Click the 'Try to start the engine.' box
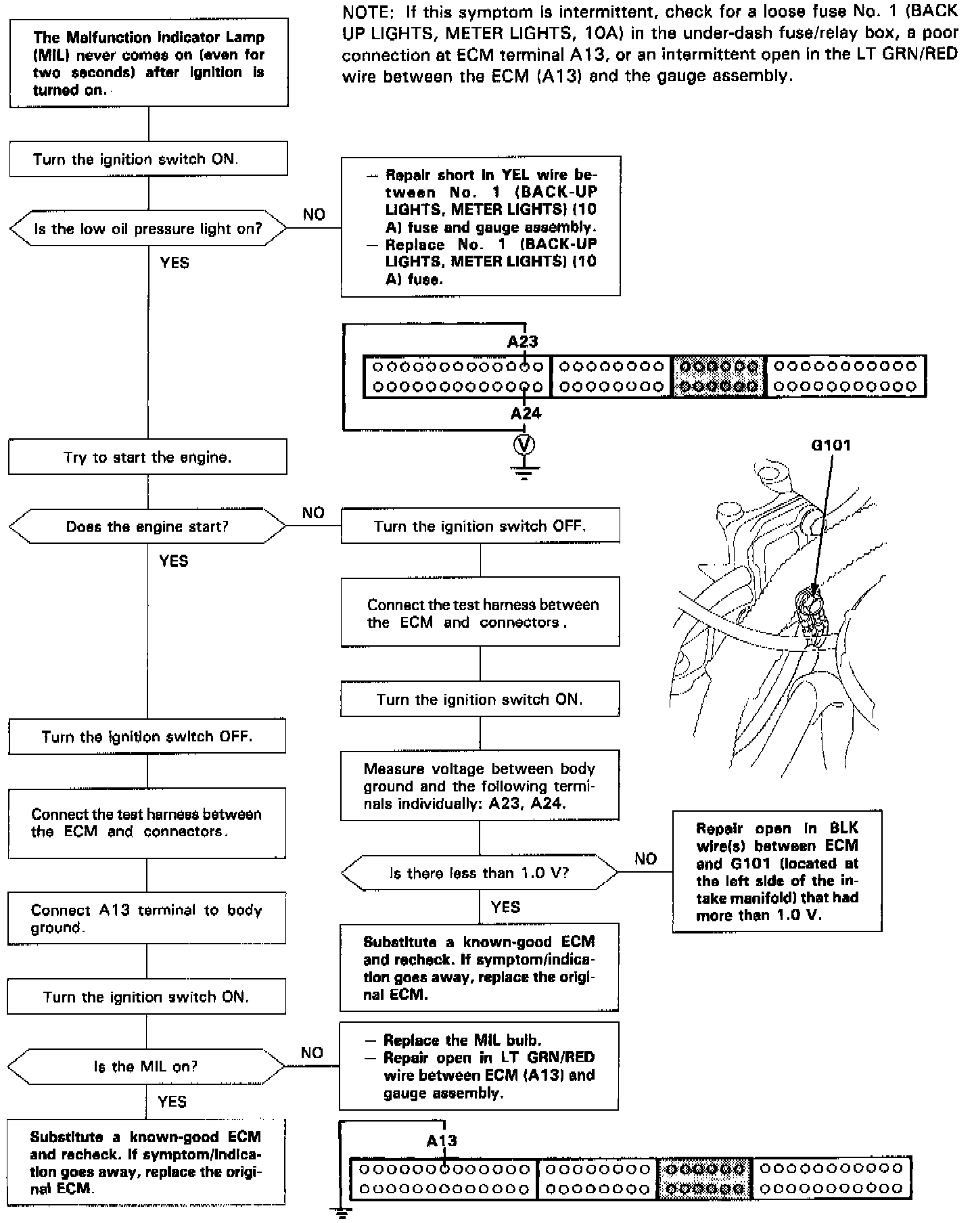click(147, 457)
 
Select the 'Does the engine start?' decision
click(147, 526)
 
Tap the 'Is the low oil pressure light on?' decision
click(148, 229)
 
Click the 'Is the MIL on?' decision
click(146, 1066)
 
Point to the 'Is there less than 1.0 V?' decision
click(480, 873)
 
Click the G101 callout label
click(831, 445)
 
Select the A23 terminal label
click(522, 342)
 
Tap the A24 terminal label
click(526, 413)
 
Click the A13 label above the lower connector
click(442, 1140)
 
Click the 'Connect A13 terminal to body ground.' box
click(147, 919)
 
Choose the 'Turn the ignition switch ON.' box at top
click(148, 160)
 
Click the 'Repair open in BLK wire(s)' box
click(777, 871)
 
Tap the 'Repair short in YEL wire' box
click(481, 227)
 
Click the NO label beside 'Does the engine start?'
click(313, 513)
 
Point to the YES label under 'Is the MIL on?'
click(172, 1102)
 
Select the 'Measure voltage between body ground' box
click(480, 785)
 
